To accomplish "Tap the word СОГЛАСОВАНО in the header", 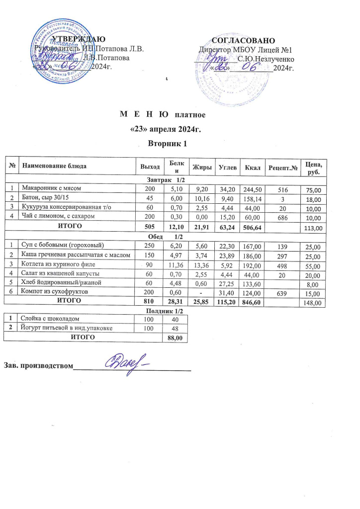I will tap(244, 40).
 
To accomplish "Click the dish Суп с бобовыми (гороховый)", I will tap(60, 246).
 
